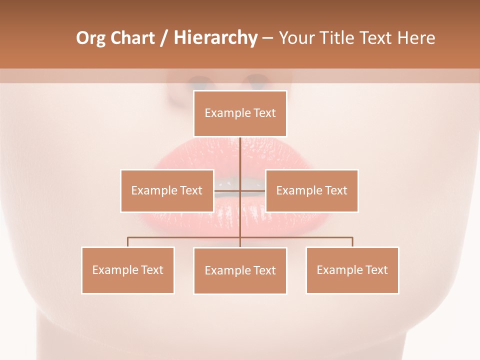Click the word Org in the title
point(90,38)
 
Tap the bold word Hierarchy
point(215,38)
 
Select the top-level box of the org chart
point(240,113)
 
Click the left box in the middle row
point(167,190)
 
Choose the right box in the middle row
point(311,190)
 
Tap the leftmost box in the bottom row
point(128,270)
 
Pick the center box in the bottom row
point(240,270)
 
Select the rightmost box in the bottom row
point(352,270)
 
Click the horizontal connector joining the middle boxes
point(228,190)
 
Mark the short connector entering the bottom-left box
point(128,242)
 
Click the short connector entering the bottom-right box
point(352,242)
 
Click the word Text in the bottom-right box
point(376,270)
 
